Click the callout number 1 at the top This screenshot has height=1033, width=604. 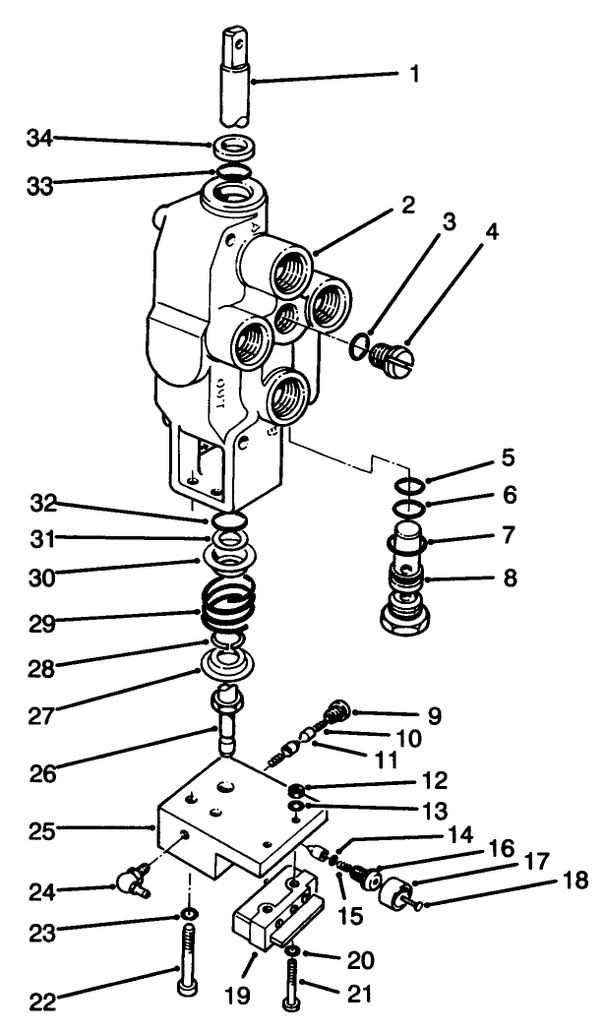click(x=413, y=75)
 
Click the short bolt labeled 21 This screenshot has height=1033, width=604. click(x=291, y=984)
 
